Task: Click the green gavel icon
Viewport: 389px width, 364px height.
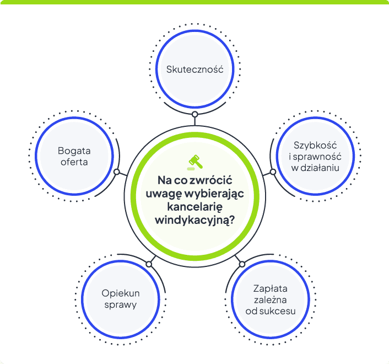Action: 195,162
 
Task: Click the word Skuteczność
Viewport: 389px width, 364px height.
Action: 194,69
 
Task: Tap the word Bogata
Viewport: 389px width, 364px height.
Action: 74,151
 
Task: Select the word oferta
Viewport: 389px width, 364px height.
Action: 74,162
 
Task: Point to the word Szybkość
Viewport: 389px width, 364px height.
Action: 315,146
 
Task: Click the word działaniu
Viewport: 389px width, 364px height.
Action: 320,168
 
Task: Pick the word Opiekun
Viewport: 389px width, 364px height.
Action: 121,293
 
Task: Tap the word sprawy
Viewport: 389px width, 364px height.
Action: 121,305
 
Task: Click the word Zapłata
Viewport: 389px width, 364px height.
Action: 271,289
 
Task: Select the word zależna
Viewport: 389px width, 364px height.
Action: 271,300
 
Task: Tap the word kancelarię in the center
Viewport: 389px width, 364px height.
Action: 194,207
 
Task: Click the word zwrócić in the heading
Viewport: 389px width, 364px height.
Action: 210,180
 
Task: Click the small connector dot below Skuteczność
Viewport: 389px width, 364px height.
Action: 194,115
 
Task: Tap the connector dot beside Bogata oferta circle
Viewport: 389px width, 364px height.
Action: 117,172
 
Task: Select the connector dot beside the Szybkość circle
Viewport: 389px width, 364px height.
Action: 273,172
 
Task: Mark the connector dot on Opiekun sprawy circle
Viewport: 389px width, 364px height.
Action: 149,264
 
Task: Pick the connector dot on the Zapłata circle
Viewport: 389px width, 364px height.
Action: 242,264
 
